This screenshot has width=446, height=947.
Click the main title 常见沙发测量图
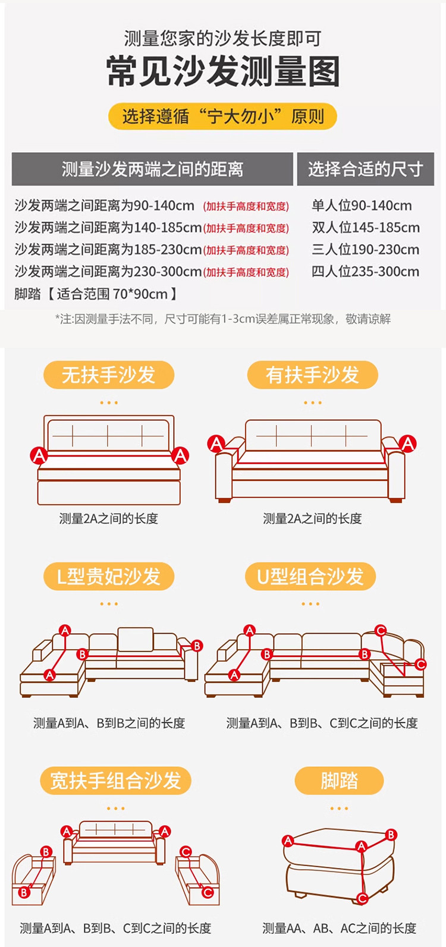[223, 71]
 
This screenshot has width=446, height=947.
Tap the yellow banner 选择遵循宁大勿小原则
[223, 117]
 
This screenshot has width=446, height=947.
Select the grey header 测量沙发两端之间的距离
[152, 169]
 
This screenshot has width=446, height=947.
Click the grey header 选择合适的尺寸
[366, 169]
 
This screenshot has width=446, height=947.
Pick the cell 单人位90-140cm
[362, 206]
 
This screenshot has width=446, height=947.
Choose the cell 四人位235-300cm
[366, 272]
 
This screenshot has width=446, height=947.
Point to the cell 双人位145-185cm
[366, 228]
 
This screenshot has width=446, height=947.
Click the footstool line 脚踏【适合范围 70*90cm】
[96, 294]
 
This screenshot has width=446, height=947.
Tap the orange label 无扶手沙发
[109, 375]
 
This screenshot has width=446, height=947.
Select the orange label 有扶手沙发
[312, 375]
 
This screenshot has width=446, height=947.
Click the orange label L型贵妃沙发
[109, 576]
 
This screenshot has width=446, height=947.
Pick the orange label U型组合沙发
[310, 576]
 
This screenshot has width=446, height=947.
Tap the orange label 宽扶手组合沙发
[115, 781]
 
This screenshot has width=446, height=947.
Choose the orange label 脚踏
[339, 781]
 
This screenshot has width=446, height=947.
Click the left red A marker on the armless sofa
[39, 456]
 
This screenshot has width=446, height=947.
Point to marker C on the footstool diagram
[362, 898]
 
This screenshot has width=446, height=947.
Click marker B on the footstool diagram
[391, 835]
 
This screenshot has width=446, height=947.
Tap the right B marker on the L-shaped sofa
[197, 646]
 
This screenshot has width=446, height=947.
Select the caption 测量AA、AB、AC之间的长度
[339, 928]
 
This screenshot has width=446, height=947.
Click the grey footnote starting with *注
[223, 319]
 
